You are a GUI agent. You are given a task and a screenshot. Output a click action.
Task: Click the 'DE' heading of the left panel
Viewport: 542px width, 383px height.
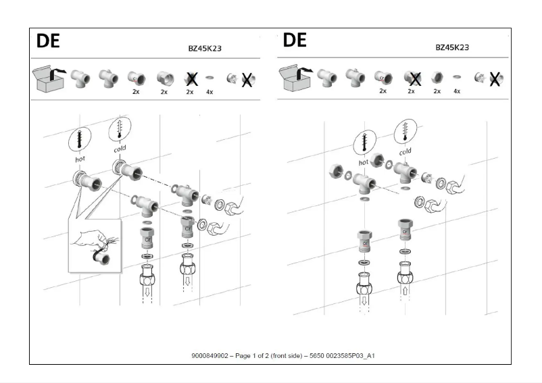tap(48, 41)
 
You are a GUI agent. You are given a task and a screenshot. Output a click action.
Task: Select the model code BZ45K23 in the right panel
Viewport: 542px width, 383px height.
tap(452, 47)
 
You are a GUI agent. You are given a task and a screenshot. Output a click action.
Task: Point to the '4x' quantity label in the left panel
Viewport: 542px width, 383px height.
tap(209, 92)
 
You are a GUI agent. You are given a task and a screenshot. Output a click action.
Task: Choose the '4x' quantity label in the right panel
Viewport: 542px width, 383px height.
tap(457, 91)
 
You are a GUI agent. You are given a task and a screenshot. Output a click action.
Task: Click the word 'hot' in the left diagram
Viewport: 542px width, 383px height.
tap(80, 159)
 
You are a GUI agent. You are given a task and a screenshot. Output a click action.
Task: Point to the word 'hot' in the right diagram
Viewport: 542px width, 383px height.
tap(364, 162)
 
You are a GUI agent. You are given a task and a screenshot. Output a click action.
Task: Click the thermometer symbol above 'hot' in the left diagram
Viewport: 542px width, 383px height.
tap(80, 140)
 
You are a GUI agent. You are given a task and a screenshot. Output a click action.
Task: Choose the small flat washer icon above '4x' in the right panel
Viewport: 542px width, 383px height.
tap(457, 78)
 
